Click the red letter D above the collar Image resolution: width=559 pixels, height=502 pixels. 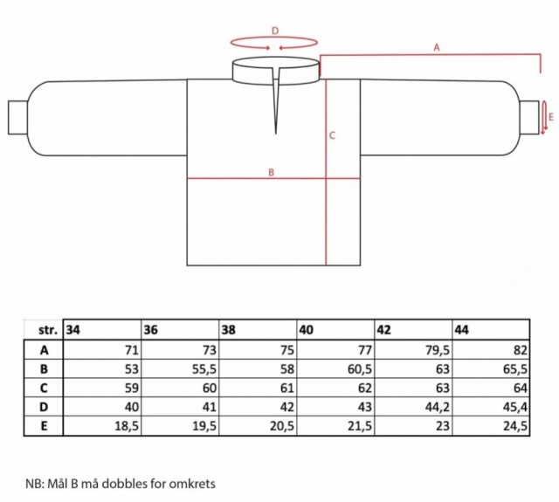point(275,31)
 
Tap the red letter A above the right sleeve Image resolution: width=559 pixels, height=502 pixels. point(437,47)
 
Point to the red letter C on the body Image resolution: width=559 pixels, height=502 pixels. point(332,135)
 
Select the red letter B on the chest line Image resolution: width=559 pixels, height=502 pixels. point(272,173)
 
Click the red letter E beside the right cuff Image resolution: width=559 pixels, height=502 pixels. point(551,117)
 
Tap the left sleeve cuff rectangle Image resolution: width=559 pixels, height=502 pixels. point(17,118)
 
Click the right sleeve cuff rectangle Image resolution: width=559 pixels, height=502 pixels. point(529,118)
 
